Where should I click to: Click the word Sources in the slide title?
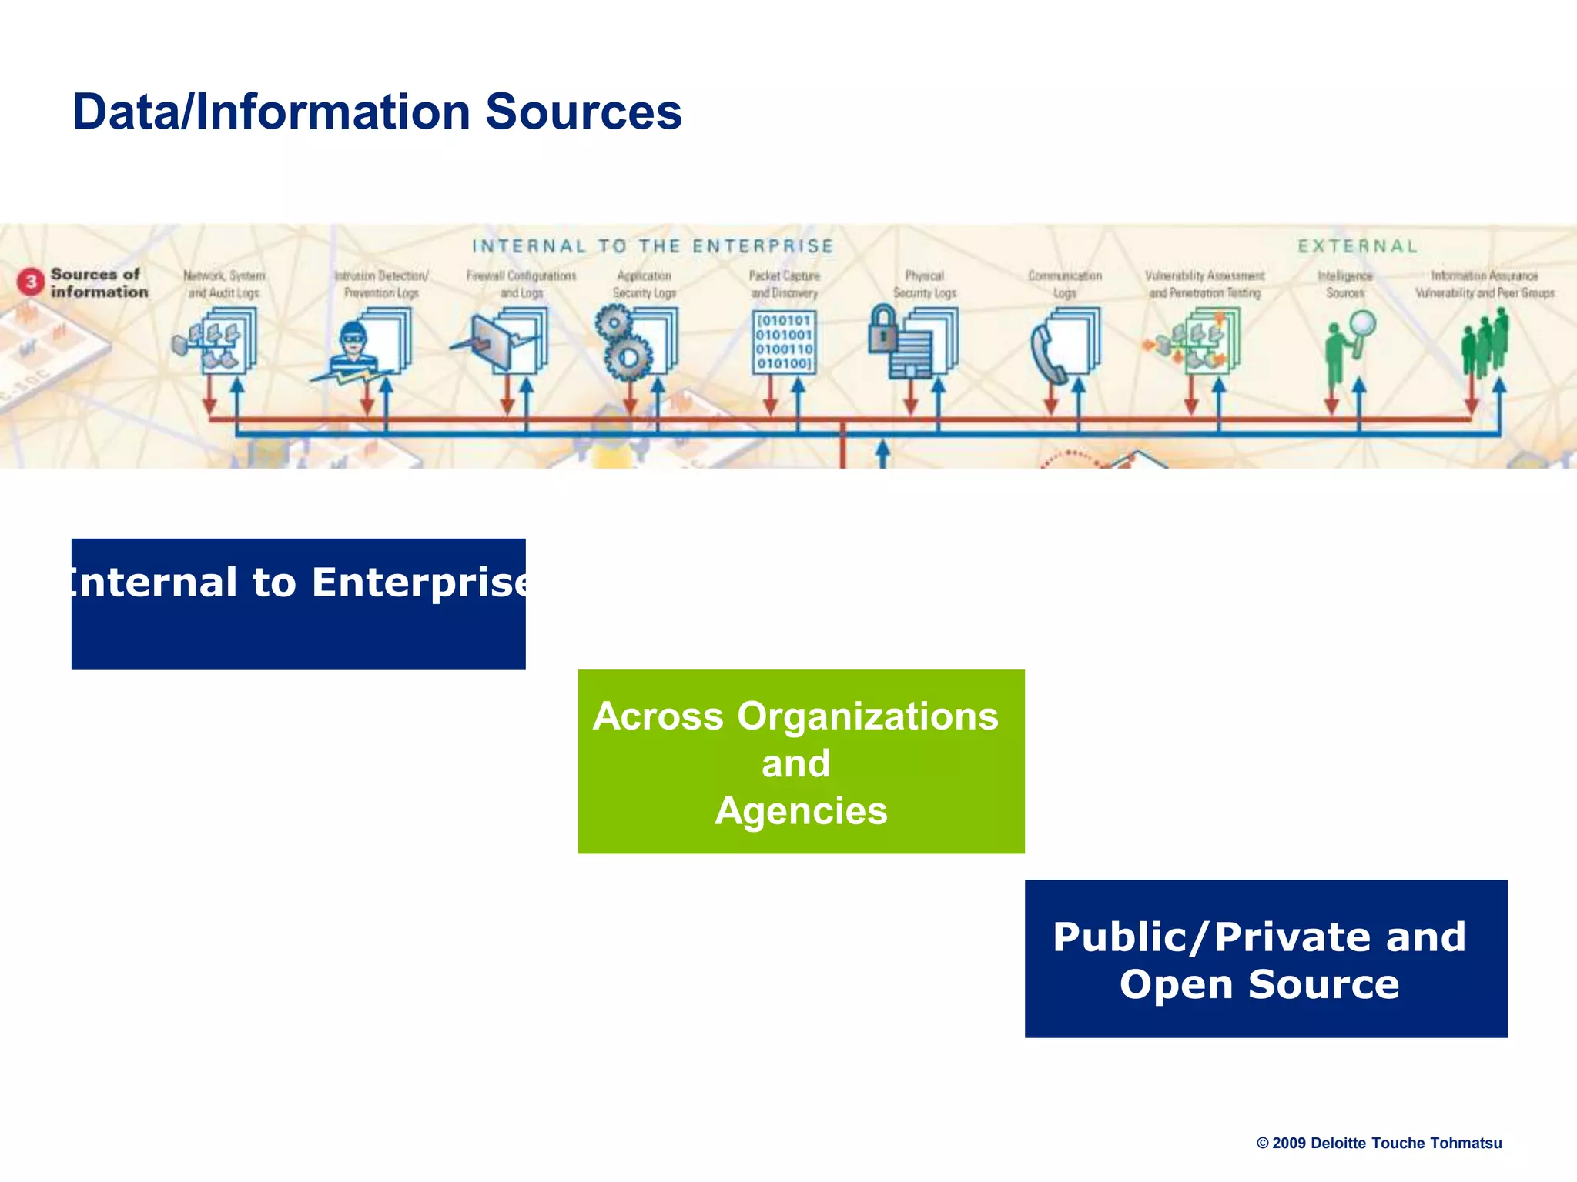pos(583,112)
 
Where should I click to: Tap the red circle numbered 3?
pos(31,282)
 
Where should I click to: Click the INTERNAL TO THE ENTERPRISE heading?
pos(652,246)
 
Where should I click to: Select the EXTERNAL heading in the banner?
pos(1357,246)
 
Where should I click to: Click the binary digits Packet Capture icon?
pos(784,342)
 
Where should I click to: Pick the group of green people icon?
pos(1485,342)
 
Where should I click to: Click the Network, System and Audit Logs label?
pos(224,284)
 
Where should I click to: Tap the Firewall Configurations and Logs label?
pos(521,284)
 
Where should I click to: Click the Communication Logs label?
pos(1065,284)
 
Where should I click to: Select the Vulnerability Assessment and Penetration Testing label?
pos(1204,284)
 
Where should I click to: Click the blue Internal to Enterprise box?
pos(298,604)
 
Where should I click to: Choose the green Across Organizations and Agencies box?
pos(801,762)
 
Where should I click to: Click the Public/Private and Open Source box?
pos(1265,959)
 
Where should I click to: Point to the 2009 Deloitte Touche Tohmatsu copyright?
pos(1378,1143)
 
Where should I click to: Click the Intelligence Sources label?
pos(1344,284)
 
